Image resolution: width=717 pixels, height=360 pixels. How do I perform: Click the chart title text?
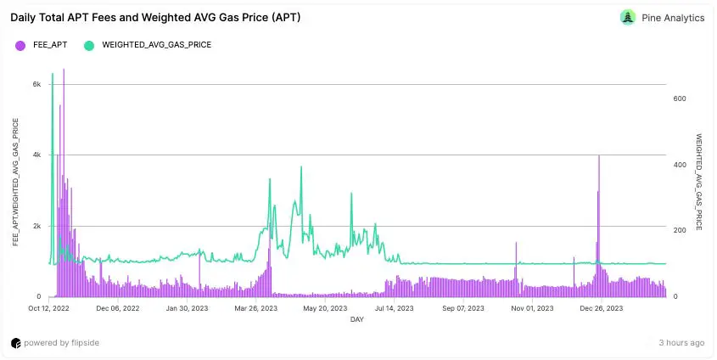[155, 17]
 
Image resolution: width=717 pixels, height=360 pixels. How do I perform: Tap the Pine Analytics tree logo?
[628, 17]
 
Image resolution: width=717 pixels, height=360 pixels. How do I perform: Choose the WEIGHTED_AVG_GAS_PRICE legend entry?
[148, 44]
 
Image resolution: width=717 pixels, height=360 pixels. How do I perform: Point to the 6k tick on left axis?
[36, 84]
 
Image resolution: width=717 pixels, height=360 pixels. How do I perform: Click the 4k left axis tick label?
[36, 155]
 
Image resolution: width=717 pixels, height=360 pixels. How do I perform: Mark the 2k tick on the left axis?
[36, 226]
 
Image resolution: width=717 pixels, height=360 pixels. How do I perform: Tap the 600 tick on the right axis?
[679, 98]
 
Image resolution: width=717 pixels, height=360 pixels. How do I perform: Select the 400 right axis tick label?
[679, 165]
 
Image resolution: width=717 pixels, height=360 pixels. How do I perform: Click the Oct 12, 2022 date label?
[48, 308]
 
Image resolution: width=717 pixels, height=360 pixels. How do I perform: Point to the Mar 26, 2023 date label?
[255, 308]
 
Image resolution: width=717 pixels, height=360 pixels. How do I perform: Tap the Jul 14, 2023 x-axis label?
[393, 308]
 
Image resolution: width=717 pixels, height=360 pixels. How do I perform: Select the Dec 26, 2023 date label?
[601, 308]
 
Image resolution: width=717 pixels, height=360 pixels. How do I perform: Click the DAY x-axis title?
[357, 319]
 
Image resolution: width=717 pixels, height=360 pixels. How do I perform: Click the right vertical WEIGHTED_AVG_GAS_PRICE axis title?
[698, 182]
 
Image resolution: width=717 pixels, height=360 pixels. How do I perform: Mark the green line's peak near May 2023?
[301, 168]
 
